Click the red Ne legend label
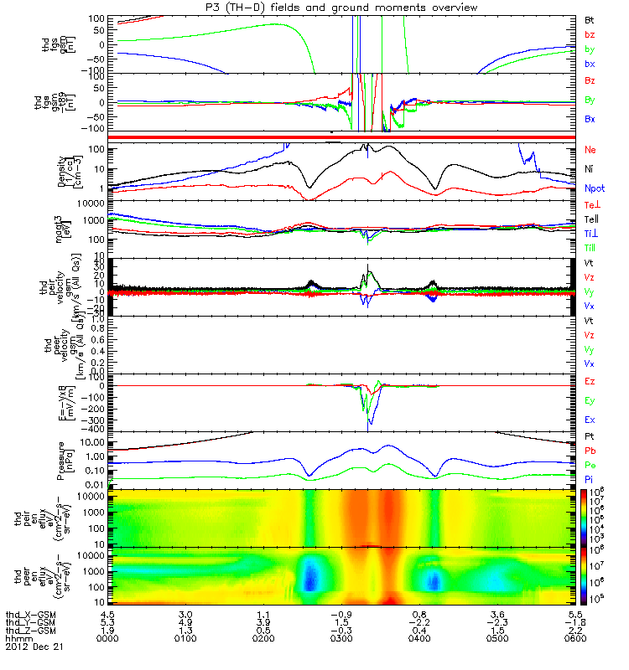click(590, 149)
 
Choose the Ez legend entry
click(590, 381)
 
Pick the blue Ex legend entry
click(590, 420)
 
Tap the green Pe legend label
click(590, 465)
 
